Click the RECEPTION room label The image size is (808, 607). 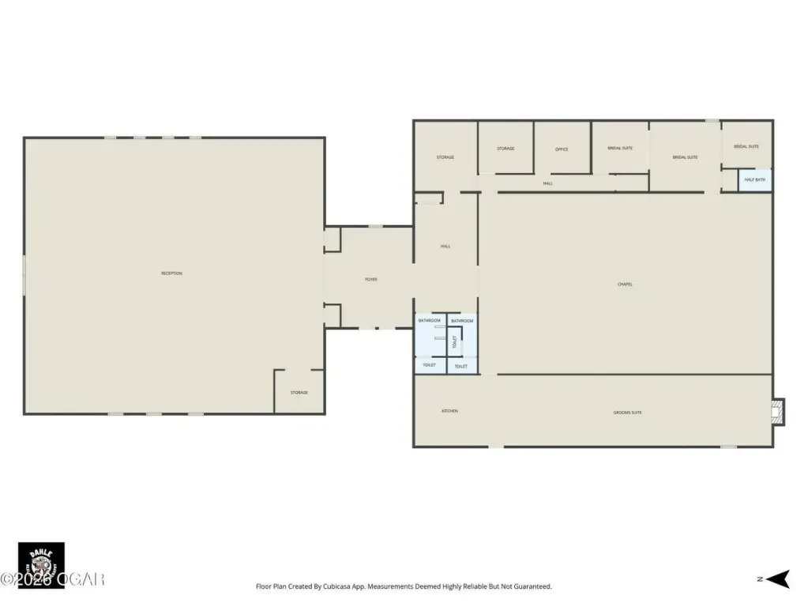point(171,273)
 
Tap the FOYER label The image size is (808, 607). point(370,280)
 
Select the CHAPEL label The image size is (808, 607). point(625,285)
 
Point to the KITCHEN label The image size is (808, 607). point(449,411)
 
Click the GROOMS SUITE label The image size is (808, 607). point(627,413)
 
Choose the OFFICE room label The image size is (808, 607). point(562,149)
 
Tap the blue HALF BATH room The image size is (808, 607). point(755,180)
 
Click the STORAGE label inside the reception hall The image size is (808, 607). point(299,393)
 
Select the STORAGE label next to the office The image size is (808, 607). point(505,149)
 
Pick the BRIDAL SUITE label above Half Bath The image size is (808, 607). point(746,146)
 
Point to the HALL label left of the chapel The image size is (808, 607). point(445,247)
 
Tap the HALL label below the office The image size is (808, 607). point(547,183)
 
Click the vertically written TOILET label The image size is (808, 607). point(455,342)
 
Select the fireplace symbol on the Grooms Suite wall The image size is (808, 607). point(780,411)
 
